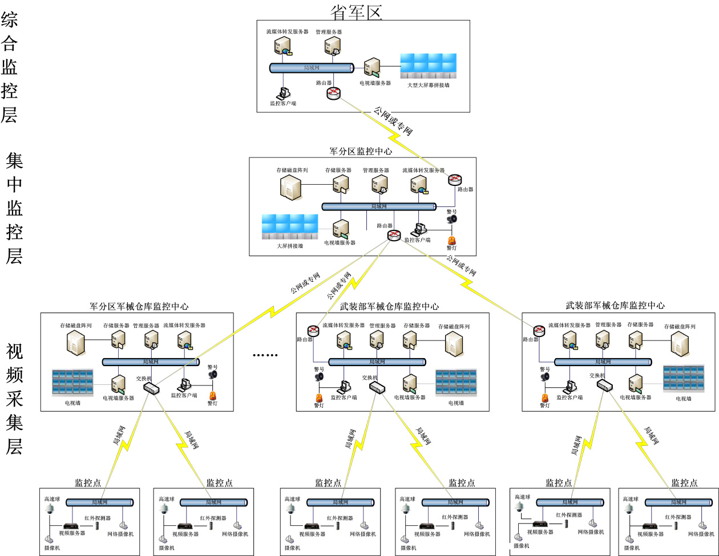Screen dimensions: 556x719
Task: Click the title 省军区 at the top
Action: point(356,11)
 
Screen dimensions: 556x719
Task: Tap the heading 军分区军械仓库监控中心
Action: point(139,306)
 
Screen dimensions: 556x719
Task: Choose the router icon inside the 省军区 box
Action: point(334,94)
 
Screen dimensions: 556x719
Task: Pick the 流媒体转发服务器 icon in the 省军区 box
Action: point(284,46)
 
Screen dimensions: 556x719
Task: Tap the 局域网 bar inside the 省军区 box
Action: point(311,68)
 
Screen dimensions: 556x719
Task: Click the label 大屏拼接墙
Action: point(290,246)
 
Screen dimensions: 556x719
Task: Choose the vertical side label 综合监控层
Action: point(10,68)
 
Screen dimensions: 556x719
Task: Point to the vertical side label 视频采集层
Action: point(14,399)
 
